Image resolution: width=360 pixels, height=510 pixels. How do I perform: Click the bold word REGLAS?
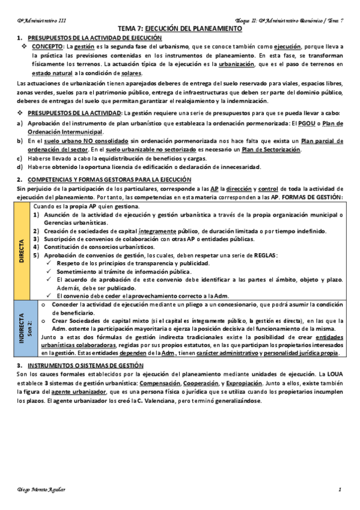click(x=264, y=256)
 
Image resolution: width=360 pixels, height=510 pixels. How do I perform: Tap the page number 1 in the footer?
click(x=340, y=490)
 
